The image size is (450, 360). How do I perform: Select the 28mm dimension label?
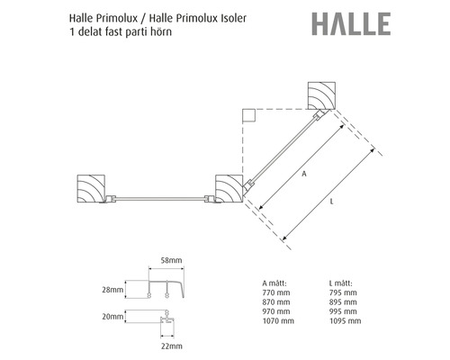click(113, 291)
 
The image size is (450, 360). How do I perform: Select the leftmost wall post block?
click(91, 190)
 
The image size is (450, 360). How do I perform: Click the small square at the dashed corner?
click(247, 114)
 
